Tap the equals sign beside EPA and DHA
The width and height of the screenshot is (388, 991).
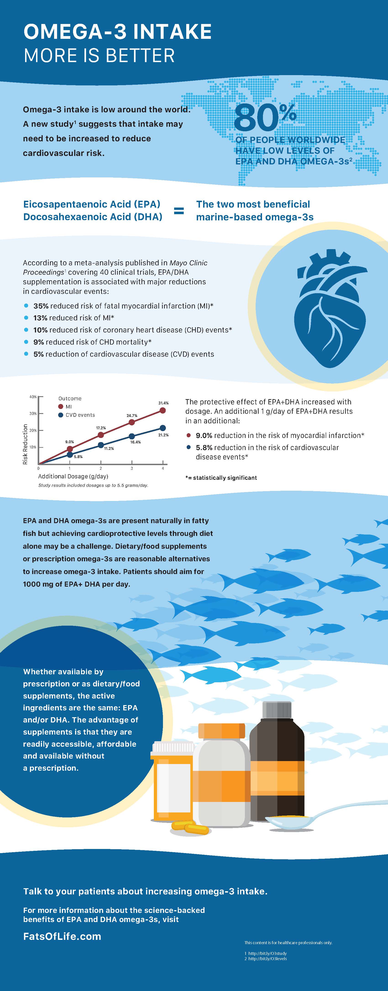click(x=179, y=211)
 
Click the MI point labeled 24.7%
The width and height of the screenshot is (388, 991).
click(x=132, y=422)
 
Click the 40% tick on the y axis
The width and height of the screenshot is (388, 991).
click(x=34, y=397)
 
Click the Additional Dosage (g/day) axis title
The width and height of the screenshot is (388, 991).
click(x=73, y=476)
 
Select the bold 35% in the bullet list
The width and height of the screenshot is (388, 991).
click(x=41, y=306)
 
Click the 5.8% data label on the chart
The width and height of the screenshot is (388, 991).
click(x=78, y=457)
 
